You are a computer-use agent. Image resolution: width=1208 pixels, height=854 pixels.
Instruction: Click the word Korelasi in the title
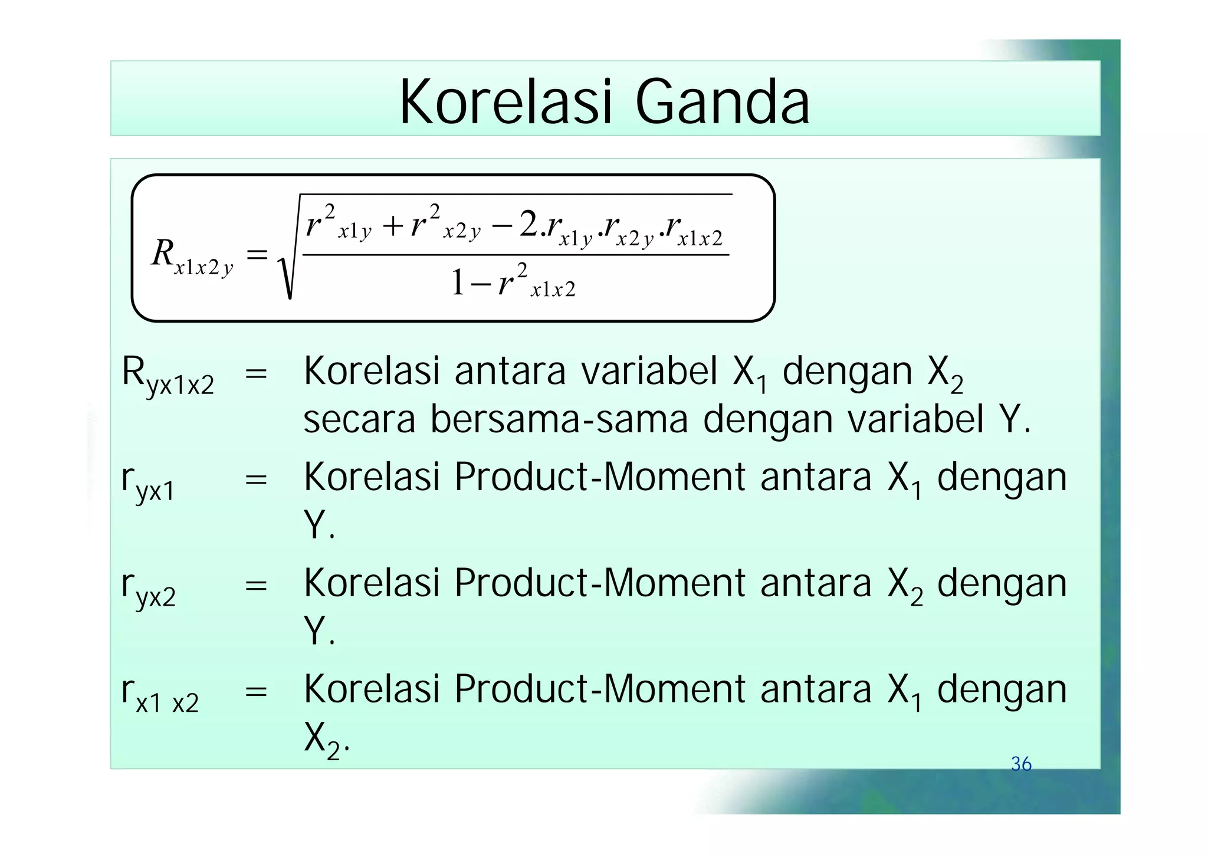[504, 103]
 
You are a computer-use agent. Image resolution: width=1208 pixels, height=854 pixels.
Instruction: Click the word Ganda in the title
[722, 103]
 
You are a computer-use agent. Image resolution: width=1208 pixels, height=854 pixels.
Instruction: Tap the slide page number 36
[1021, 764]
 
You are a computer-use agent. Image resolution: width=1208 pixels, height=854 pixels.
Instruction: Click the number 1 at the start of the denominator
[458, 283]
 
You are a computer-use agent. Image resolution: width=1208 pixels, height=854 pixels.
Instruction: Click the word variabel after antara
[649, 372]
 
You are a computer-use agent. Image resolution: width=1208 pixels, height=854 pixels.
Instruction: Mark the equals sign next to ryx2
[256, 586]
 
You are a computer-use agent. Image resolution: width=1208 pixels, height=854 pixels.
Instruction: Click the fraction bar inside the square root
[516, 255]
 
